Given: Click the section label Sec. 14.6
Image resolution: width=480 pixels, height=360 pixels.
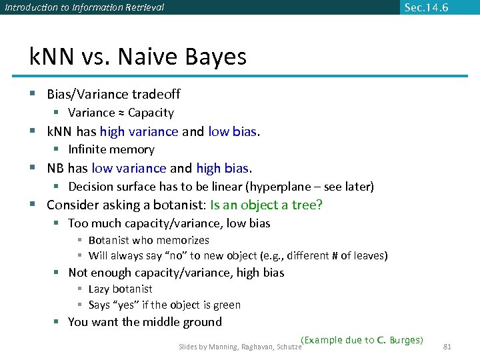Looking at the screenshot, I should (426, 7).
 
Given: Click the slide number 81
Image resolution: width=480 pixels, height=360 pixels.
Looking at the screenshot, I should (447, 347).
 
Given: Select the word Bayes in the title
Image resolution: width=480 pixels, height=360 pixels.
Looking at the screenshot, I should (215, 57).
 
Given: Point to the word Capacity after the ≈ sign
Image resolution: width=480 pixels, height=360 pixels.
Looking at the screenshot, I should (151, 113).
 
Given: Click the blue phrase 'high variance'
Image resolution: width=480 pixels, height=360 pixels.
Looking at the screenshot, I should (139, 131).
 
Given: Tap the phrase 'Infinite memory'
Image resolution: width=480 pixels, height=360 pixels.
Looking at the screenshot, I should (111, 150).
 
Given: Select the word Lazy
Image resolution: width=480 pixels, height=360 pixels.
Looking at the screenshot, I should (99, 289).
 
